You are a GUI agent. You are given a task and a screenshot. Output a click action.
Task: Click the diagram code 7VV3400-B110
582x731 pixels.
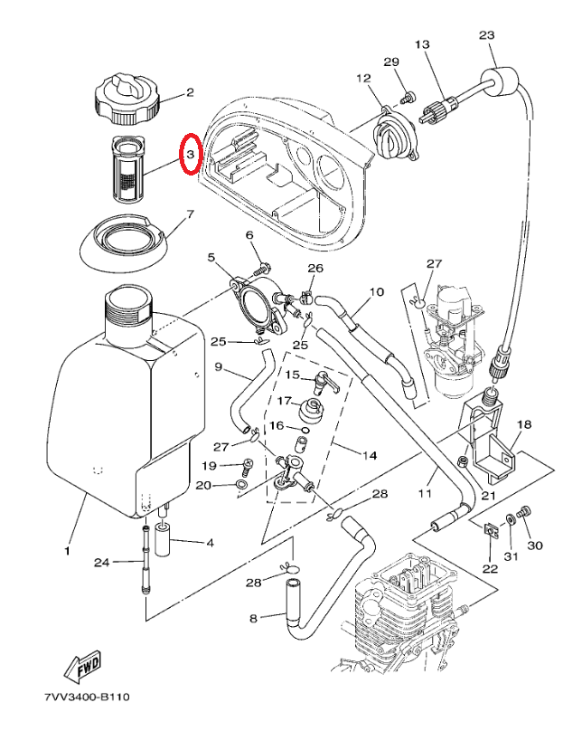click(x=87, y=698)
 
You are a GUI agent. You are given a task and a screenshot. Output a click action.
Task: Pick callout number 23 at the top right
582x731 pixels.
click(x=487, y=34)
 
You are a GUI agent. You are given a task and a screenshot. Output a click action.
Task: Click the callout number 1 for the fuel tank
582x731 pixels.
click(x=66, y=549)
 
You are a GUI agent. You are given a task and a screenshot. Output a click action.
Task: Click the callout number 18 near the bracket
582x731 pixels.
click(x=524, y=424)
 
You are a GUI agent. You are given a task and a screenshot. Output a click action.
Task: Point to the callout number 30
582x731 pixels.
click(x=535, y=546)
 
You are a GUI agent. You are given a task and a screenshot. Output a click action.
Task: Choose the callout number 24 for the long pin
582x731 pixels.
click(x=104, y=562)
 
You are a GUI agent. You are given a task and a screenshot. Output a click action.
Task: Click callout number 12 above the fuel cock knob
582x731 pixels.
click(x=364, y=79)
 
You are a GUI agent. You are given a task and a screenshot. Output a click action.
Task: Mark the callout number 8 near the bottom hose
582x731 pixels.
click(x=254, y=618)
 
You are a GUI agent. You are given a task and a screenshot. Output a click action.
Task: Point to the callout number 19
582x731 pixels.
click(x=209, y=466)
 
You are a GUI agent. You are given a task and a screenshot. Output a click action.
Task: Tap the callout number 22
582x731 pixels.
click(x=489, y=568)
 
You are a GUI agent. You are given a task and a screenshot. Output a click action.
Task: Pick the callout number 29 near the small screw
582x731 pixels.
click(x=390, y=62)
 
